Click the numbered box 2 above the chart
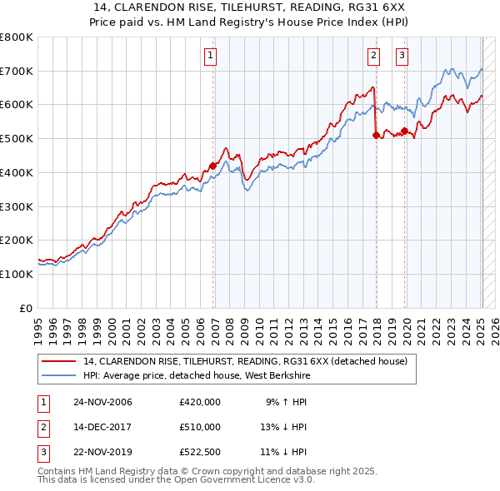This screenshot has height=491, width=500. (x=373, y=56)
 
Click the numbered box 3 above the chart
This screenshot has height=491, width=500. (x=402, y=56)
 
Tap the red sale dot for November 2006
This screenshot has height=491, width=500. (x=212, y=166)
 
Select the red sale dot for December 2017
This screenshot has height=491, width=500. (x=376, y=135)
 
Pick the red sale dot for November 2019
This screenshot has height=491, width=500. (x=405, y=131)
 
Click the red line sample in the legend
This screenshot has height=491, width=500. (x=60, y=361)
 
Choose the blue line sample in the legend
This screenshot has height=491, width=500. (x=60, y=375)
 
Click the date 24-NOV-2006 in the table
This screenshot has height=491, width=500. (x=102, y=402)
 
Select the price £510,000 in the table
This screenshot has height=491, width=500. (x=200, y=427)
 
